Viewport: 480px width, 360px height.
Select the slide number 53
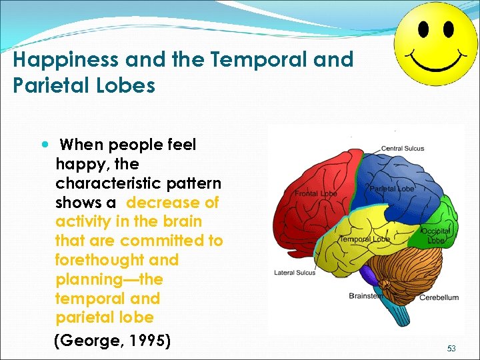[451, 349]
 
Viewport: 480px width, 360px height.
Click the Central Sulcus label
[402, 148]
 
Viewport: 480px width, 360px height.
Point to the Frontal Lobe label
[316, 193]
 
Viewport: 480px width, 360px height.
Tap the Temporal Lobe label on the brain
[364, 239]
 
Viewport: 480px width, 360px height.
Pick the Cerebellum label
[439, 297]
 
